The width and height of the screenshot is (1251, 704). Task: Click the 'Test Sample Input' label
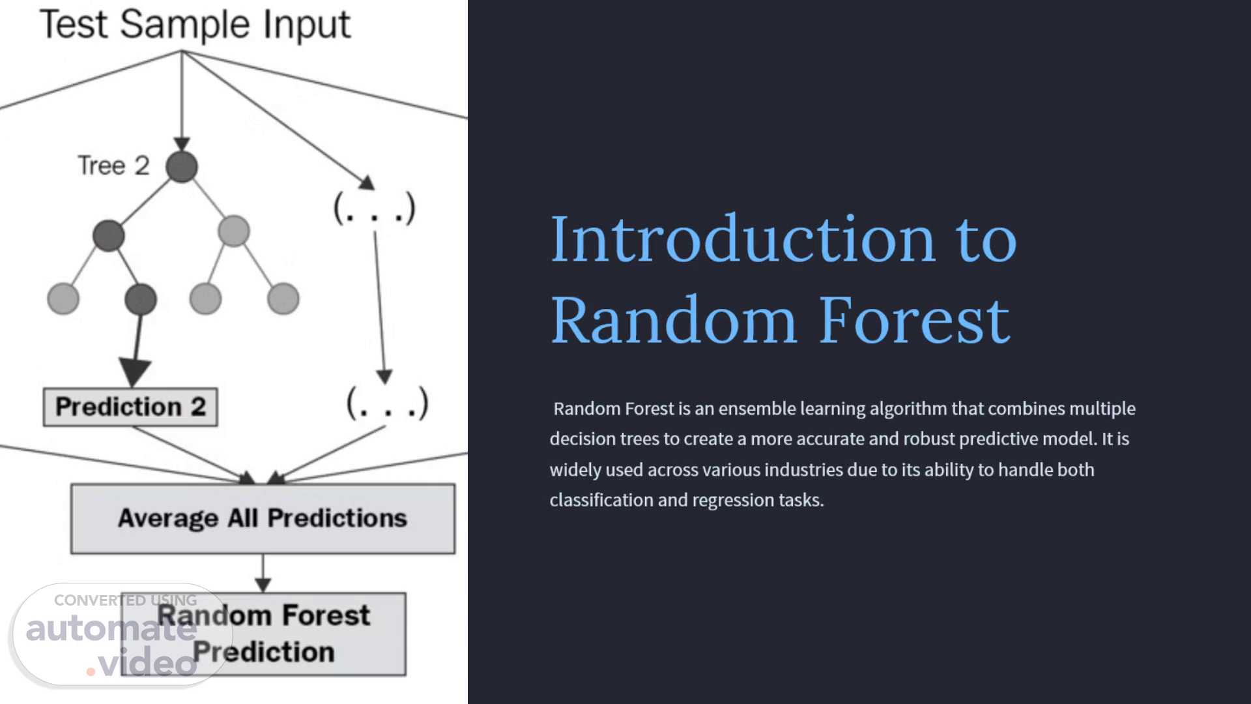pyautogui.click(x=195, y=25)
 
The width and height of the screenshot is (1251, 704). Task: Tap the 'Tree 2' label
pyautogui.click(x=113, y=166)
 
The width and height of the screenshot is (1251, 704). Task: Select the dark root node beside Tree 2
pyautogui.click(x=182, y=167)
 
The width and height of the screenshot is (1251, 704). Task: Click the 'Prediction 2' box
pyautogui.click(x=130, y=407)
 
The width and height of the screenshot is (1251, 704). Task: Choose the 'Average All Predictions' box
pyautogui.click(x=263, y=519)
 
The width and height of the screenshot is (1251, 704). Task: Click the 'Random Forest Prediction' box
pyautogui.click(x=263, y=634)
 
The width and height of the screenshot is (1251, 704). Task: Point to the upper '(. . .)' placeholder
pyautogui.click(x=374, y=209)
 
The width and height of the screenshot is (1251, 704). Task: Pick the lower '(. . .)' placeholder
pyautogui.click(x=387, y=403)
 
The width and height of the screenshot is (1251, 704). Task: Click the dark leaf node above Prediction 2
pyautogui.click(x=141, y=299)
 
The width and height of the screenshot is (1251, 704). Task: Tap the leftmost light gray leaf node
pyautogui.click(x=63, y=299)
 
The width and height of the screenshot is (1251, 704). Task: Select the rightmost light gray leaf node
pyautogui.click(x=283, y=299)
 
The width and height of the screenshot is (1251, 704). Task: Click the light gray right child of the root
pyautogui.click(x=234, y=231)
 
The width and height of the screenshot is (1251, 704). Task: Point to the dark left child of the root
pyautogui.click(x=109, y=235)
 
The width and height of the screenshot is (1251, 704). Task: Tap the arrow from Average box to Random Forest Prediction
pyautogui.click(x=263, y=574)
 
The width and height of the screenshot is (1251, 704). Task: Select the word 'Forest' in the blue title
pyautogui.click(x=913, y=320)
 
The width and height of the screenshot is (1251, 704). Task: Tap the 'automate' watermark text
pyautogui.click(x=111, y=629)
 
